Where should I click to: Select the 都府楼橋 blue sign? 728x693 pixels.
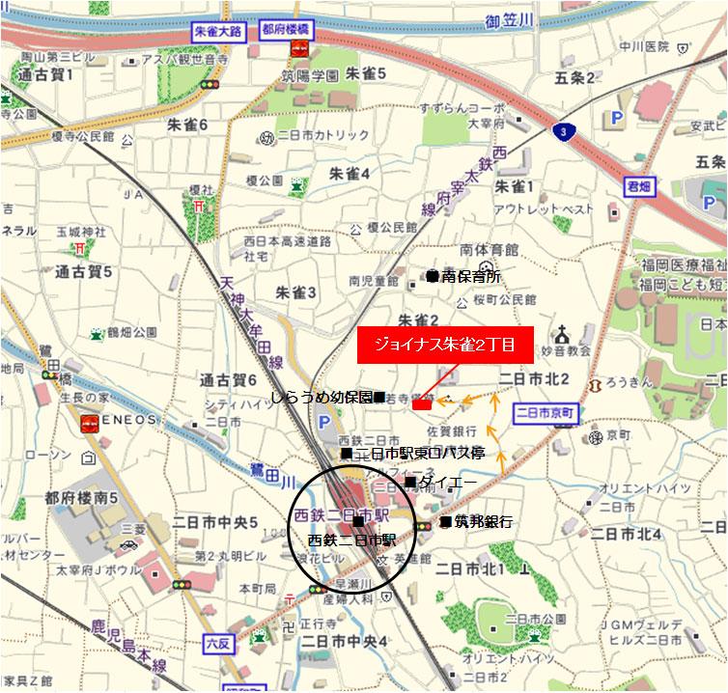tap(287, 29)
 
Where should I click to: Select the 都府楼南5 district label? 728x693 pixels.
tap(80, 498)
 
